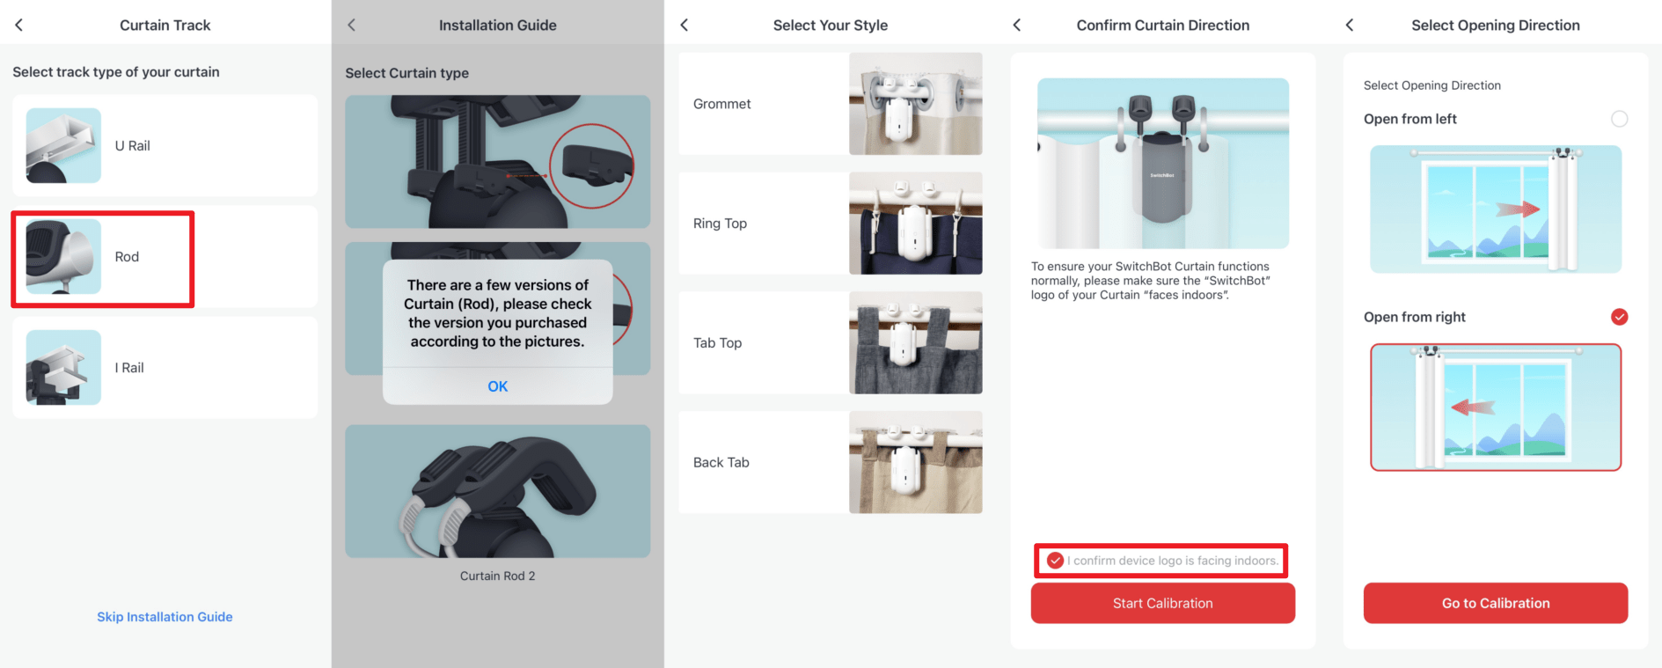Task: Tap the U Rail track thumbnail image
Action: coord(63,145)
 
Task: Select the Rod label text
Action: coord(127,257)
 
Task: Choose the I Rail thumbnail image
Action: coord(63,367)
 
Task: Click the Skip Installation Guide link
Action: coord(165,617)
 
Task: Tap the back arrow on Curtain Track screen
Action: coord(18,25)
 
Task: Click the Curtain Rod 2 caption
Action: coord(497,576)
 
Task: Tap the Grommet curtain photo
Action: coord(915,104)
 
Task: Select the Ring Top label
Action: coord(720,224)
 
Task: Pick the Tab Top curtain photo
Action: coord(915,342)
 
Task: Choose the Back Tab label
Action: coord(721,462)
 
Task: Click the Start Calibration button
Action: coord(1162,603)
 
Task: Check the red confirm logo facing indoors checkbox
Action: coord(1055,561)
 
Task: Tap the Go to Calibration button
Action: coord(1495,603)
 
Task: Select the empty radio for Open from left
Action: coord(1619,119)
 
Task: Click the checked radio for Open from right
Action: coord(1619,317)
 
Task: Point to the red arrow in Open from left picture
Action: coord(1518,209)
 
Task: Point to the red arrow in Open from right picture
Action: coord(1473,407)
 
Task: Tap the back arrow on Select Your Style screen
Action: coord(685,25)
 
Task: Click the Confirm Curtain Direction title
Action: coord(1162,26)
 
